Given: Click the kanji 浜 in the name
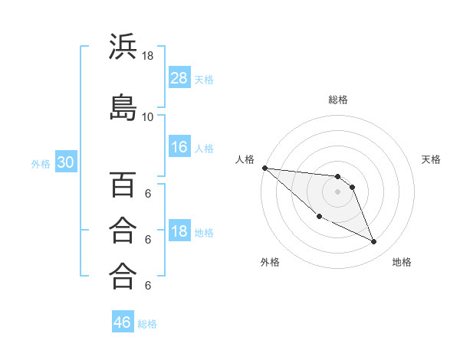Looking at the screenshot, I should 123,47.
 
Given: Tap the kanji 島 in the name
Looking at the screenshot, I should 123,107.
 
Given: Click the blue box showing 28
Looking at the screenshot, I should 179,77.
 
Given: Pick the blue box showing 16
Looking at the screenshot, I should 179,147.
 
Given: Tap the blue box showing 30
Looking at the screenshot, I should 65,162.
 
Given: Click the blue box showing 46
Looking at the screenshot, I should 123,322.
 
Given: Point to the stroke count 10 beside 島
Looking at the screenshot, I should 148,116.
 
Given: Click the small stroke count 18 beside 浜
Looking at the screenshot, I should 148,56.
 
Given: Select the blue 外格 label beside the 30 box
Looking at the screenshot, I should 41,163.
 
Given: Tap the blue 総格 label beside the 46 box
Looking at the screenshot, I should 147,323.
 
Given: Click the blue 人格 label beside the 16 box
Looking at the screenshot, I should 204,148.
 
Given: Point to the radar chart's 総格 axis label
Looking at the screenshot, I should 337,100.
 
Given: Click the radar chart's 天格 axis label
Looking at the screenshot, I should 432,159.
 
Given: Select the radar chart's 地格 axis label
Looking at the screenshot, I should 402,262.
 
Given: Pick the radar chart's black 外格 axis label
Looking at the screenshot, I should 270,262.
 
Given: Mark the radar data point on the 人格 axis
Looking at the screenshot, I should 264,168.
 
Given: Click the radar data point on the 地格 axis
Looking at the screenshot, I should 374,242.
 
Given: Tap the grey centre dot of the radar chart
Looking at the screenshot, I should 337,191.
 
